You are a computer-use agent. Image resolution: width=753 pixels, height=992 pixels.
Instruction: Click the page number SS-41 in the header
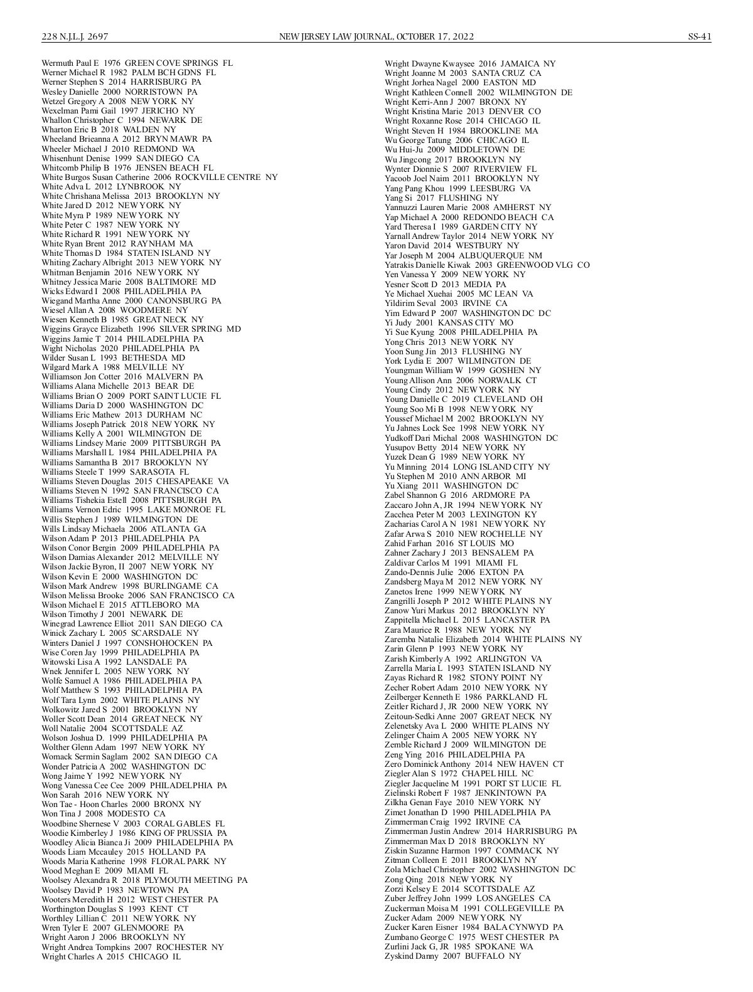pos(699,36)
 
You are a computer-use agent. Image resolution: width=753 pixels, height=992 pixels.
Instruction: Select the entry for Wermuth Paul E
pos(137,63)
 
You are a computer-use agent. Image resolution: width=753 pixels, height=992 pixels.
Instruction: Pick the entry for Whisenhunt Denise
pos(120,159)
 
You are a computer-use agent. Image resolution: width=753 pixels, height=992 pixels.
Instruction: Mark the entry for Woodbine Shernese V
pos(133,823)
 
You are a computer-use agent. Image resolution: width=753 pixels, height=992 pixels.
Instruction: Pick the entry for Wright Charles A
pos(110,956)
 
